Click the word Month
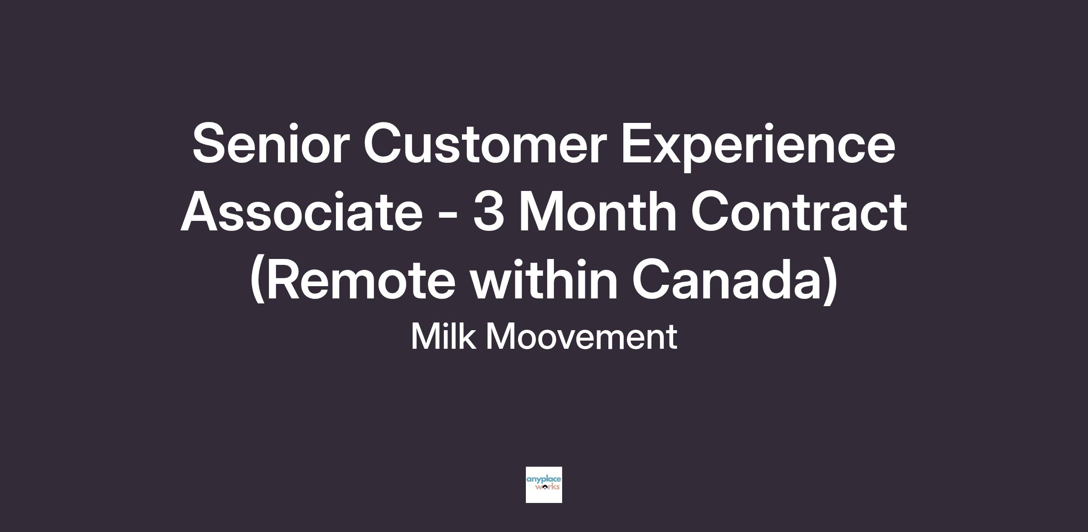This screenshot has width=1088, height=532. coord(598,211)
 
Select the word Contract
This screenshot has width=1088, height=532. coord(799,211)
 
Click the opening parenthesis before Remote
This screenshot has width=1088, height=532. coord(257,281)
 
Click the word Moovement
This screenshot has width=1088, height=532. coord(582,337)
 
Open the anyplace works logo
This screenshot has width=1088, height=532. coord(544,484)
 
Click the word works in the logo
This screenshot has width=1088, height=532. coord(548,488)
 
